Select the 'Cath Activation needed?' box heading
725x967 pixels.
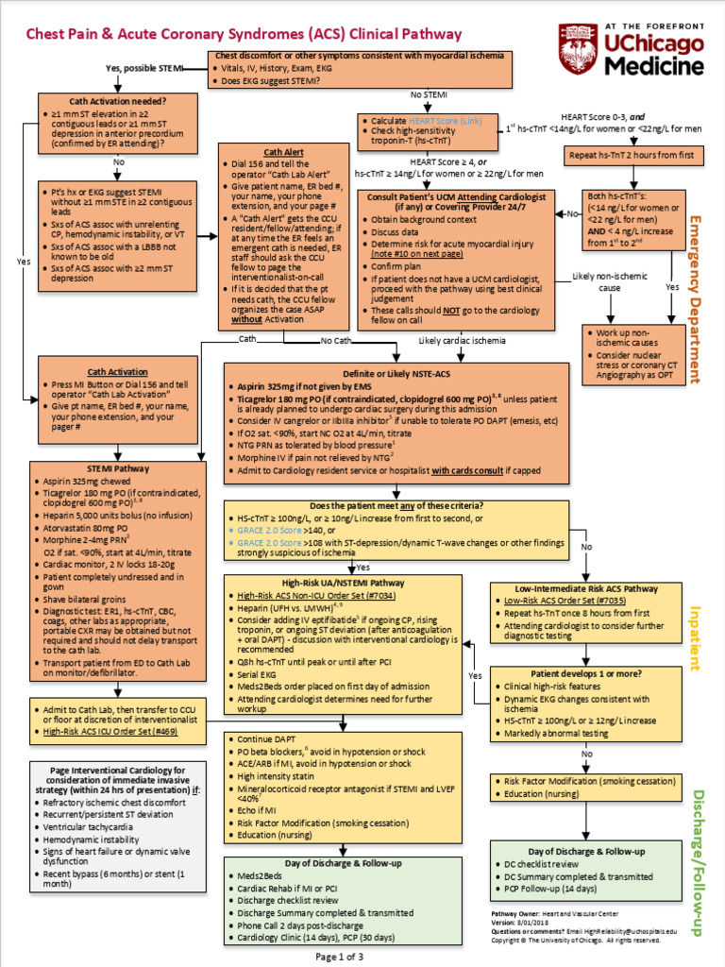(x=118, y=101)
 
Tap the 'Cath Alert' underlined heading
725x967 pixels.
(x=283, y=151)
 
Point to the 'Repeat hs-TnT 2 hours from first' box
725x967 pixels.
(x=633, y=154)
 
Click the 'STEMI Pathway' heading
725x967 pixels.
(x=118, y=467)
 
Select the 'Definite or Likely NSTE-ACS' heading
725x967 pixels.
(x=396, y=374)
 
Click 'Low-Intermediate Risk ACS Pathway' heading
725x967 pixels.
(x=586, y=588)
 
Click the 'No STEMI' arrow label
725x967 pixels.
(x=428, y=94)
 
